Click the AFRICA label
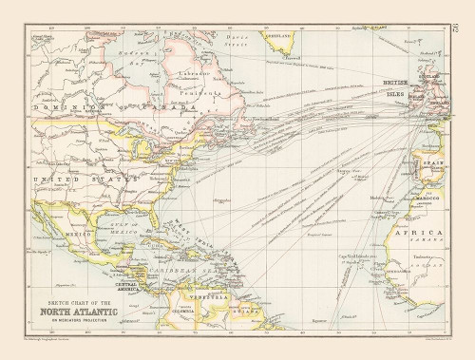click(424, 232)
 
